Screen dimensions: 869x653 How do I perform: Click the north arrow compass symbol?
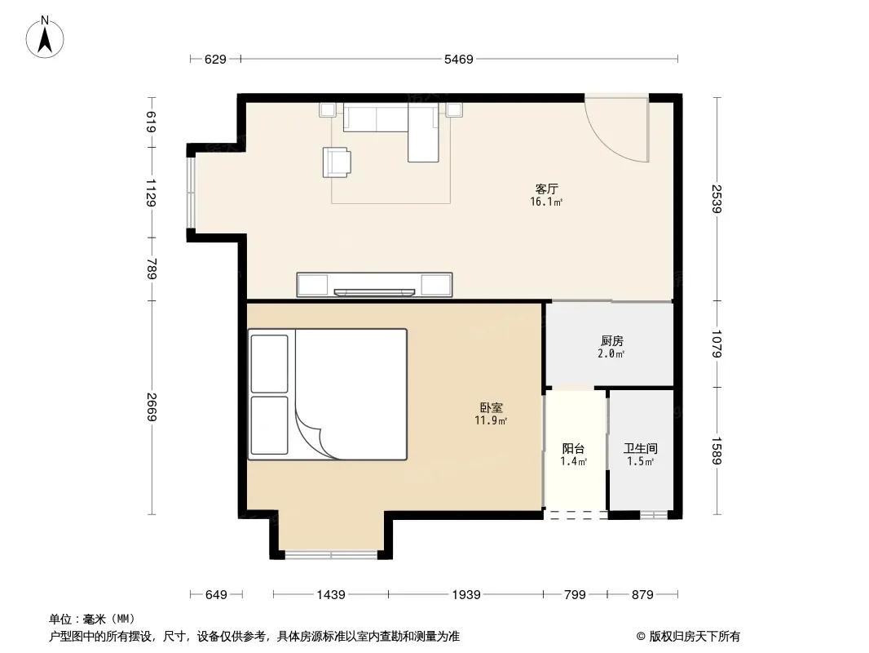click(45, 38)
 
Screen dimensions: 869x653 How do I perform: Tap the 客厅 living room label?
click(546, 189)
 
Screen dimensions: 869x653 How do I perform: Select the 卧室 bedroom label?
click(491, 408)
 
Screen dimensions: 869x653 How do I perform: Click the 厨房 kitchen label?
click(612, 341)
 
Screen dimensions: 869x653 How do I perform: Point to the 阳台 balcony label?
click(574, 449)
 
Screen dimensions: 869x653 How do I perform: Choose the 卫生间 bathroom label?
click(641, 448)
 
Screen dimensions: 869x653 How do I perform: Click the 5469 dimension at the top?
click(459, 60)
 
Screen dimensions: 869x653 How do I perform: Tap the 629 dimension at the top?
click(215, 60)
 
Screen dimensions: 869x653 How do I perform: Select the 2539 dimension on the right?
click(717, 198)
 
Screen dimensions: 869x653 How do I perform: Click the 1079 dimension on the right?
click(717, 344)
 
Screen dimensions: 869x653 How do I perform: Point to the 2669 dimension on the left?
click(152, 406)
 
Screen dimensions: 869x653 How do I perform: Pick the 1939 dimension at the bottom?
click(466, 595)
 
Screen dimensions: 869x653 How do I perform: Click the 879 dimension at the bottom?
click(642, 595)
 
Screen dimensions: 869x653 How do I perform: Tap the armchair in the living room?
click(337, 162)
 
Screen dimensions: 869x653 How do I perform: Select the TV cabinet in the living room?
click(375, 285)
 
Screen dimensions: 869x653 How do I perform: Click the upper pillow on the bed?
click(269, 363)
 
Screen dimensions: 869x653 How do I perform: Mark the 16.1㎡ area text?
click(546, 202)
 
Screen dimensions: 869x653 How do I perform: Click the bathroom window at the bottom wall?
click(654, 515)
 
